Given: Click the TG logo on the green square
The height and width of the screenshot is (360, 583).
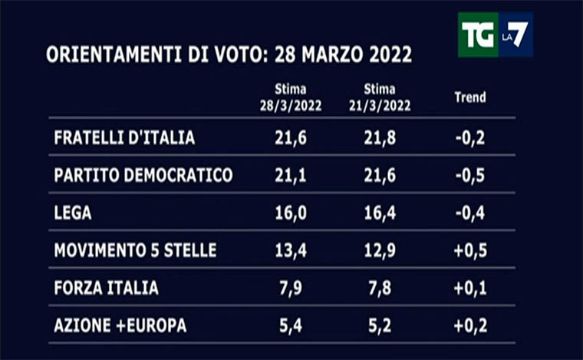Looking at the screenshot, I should (477, 35).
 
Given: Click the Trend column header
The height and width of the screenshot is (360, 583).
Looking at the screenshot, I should (469, 97).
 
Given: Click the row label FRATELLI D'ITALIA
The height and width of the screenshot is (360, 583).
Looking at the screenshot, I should (124, 138).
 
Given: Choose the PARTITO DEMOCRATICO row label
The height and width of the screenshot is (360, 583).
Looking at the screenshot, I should (143, 175).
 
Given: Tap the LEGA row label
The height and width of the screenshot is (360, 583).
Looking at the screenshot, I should (73, 213).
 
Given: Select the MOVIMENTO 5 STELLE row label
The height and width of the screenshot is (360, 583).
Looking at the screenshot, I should (135, 250).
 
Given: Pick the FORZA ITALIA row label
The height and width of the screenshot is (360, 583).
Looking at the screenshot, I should (106, 288).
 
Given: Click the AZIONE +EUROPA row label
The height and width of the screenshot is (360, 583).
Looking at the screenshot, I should (120, 325).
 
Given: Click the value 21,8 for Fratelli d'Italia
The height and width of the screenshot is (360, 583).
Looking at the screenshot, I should (380, 138).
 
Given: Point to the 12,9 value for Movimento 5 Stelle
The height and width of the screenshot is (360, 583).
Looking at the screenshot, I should (380, 250).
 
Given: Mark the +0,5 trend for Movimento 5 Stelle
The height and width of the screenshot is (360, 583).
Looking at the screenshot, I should (469, 250).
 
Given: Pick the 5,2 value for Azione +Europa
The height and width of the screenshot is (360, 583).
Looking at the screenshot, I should (380, 325).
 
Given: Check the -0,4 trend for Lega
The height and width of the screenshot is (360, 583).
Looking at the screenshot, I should (469, 213).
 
